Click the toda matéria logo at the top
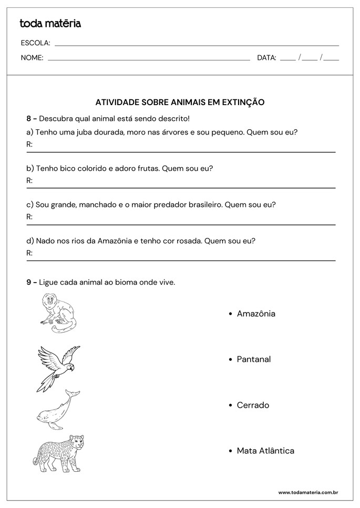50,23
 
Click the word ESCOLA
35,43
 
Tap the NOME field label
32,58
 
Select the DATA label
266,58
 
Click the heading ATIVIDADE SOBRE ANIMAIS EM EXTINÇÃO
180,102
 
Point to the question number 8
29,118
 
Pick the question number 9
29,282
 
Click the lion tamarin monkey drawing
57,313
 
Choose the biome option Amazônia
256,314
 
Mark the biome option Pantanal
254,359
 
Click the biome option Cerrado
253,405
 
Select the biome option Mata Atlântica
265,451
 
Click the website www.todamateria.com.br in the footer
307,493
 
